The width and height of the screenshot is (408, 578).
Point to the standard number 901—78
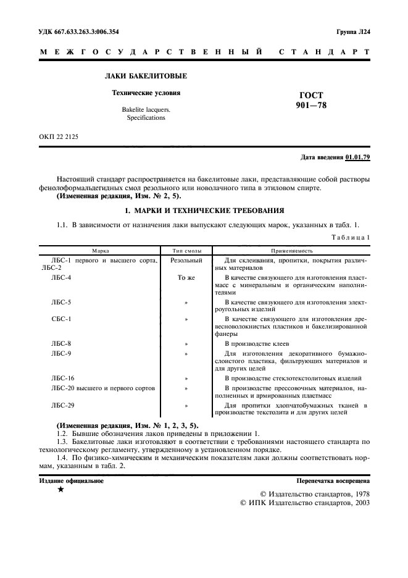311,106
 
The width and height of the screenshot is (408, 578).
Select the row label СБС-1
61,319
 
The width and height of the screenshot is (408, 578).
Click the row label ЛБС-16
63,377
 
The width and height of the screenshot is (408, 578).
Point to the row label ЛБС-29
63,405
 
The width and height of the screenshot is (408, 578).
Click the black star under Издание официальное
60,489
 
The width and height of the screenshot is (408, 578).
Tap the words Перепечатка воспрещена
333,479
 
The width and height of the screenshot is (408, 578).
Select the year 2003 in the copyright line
359,503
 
